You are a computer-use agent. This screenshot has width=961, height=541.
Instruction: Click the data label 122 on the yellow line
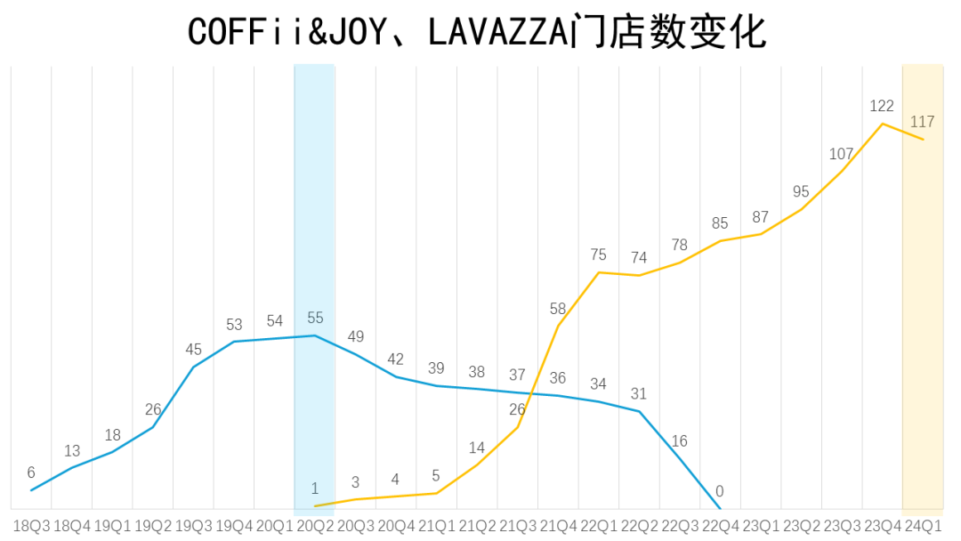[x=882, y=106]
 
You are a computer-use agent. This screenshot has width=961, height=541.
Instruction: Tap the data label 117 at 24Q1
[x=923, y=122]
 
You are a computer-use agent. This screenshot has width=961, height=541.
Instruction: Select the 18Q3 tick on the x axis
[x=32, y=526]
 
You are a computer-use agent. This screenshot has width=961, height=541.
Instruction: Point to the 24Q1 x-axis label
[x=923, y=526]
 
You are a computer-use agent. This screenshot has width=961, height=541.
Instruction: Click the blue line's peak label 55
[x=315, y=318]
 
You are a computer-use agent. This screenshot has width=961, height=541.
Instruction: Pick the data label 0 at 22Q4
[x=720, y=491]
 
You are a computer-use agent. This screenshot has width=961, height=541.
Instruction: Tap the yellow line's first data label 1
[x=315, y=489]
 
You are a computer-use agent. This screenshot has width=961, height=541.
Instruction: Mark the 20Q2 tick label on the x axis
[x=315, y=526]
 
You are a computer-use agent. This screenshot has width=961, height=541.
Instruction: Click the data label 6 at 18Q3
[x=32, y=472]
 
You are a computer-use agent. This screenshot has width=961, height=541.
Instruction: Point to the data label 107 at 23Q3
[x=841, y=154]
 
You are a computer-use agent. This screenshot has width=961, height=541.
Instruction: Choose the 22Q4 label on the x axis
[x=720, y=526]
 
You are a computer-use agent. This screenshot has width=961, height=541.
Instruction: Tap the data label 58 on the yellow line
[x=558, y=309]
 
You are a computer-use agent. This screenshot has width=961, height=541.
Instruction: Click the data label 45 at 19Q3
[x=194, y=349]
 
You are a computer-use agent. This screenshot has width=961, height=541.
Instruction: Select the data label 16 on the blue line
[x=679, y=440]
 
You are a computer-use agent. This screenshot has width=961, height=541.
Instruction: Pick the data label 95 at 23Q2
[x=801, y=191]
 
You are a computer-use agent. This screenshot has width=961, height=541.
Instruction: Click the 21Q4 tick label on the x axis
[x=558, y=526]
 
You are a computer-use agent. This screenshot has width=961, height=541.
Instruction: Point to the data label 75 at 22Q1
[x=598, y=255]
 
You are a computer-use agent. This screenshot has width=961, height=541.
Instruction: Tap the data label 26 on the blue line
[x=153, y=409]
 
